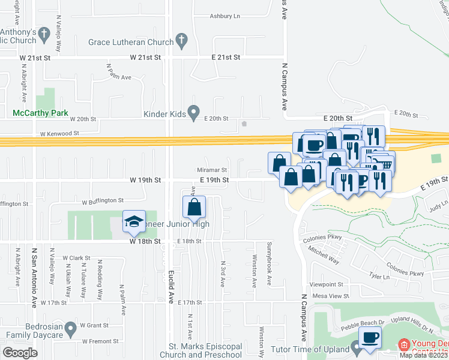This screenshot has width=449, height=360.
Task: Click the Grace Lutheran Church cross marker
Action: click(x=181, y=41)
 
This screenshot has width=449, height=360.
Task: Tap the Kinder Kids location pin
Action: click(x=193, y=112)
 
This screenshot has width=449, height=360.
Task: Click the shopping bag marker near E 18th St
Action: click(x=194, y=208)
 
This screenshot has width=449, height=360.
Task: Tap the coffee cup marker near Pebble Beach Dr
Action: click(x=370, y=338)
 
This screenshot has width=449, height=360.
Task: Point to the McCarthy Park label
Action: click(x=41, y=113)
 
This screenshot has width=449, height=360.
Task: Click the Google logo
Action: click(x=20, y=353)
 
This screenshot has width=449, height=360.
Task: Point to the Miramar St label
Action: click(x=212, y=170)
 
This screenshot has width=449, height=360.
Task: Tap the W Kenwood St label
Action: click(x=59, y=133)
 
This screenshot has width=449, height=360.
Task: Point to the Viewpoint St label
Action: click(x=326, y=284)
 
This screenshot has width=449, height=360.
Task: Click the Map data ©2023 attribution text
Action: click(x=423, y=355)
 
